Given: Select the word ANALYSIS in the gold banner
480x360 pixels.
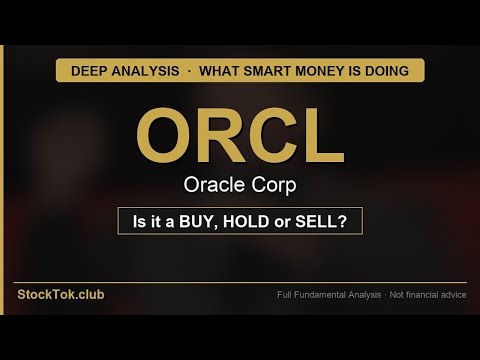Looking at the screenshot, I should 145,71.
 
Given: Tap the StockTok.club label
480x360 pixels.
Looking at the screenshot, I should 60,295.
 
